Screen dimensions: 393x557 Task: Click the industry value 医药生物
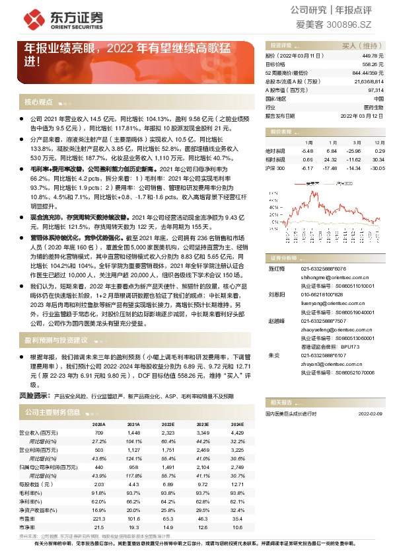coord(373,107)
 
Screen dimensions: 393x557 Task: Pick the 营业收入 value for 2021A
coord(133,433)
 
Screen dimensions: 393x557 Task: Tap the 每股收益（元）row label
coord(42,484)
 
